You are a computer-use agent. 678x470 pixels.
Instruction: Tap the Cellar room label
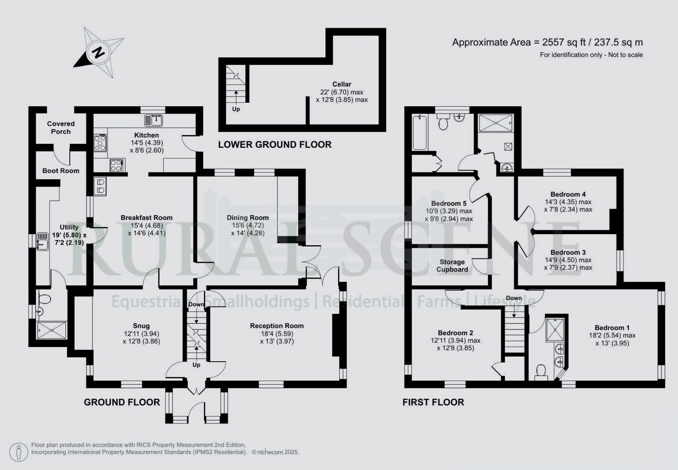click(342, 84)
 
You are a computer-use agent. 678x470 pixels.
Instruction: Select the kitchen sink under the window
click(154, 120)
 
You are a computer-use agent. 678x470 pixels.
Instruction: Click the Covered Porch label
click(61, 128)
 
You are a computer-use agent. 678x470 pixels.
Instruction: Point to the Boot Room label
click(61, 171)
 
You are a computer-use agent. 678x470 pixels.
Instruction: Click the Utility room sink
click(42, 242)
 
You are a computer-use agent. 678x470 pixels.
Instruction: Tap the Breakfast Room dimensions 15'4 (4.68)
click(147, 225)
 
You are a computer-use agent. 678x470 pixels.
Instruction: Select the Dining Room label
click(248, 218)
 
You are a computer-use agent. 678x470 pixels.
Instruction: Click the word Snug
click(141, 326)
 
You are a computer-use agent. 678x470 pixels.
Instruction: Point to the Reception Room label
click(277, 326)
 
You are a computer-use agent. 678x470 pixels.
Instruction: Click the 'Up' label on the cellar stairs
click(236, 109)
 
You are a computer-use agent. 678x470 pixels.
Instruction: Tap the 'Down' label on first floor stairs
click(514, 298)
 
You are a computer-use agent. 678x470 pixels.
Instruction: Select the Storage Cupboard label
click(452, 266)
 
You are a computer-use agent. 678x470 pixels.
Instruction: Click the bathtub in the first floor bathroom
click(420, 133)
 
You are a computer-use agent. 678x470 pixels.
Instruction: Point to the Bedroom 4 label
click(568, 194)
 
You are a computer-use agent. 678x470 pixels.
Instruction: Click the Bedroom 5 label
click(449, 203)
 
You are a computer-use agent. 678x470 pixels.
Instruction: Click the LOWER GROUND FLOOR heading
click(275, 145)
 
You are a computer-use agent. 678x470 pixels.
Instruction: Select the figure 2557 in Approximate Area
click(553, 42)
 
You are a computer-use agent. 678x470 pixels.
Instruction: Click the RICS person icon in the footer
click(19, 452)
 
